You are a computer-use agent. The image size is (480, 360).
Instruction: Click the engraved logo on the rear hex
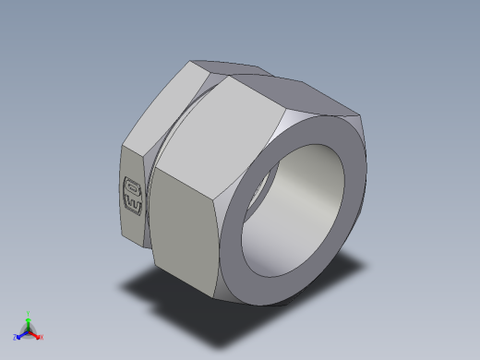133,193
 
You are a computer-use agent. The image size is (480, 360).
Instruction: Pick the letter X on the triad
42,338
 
